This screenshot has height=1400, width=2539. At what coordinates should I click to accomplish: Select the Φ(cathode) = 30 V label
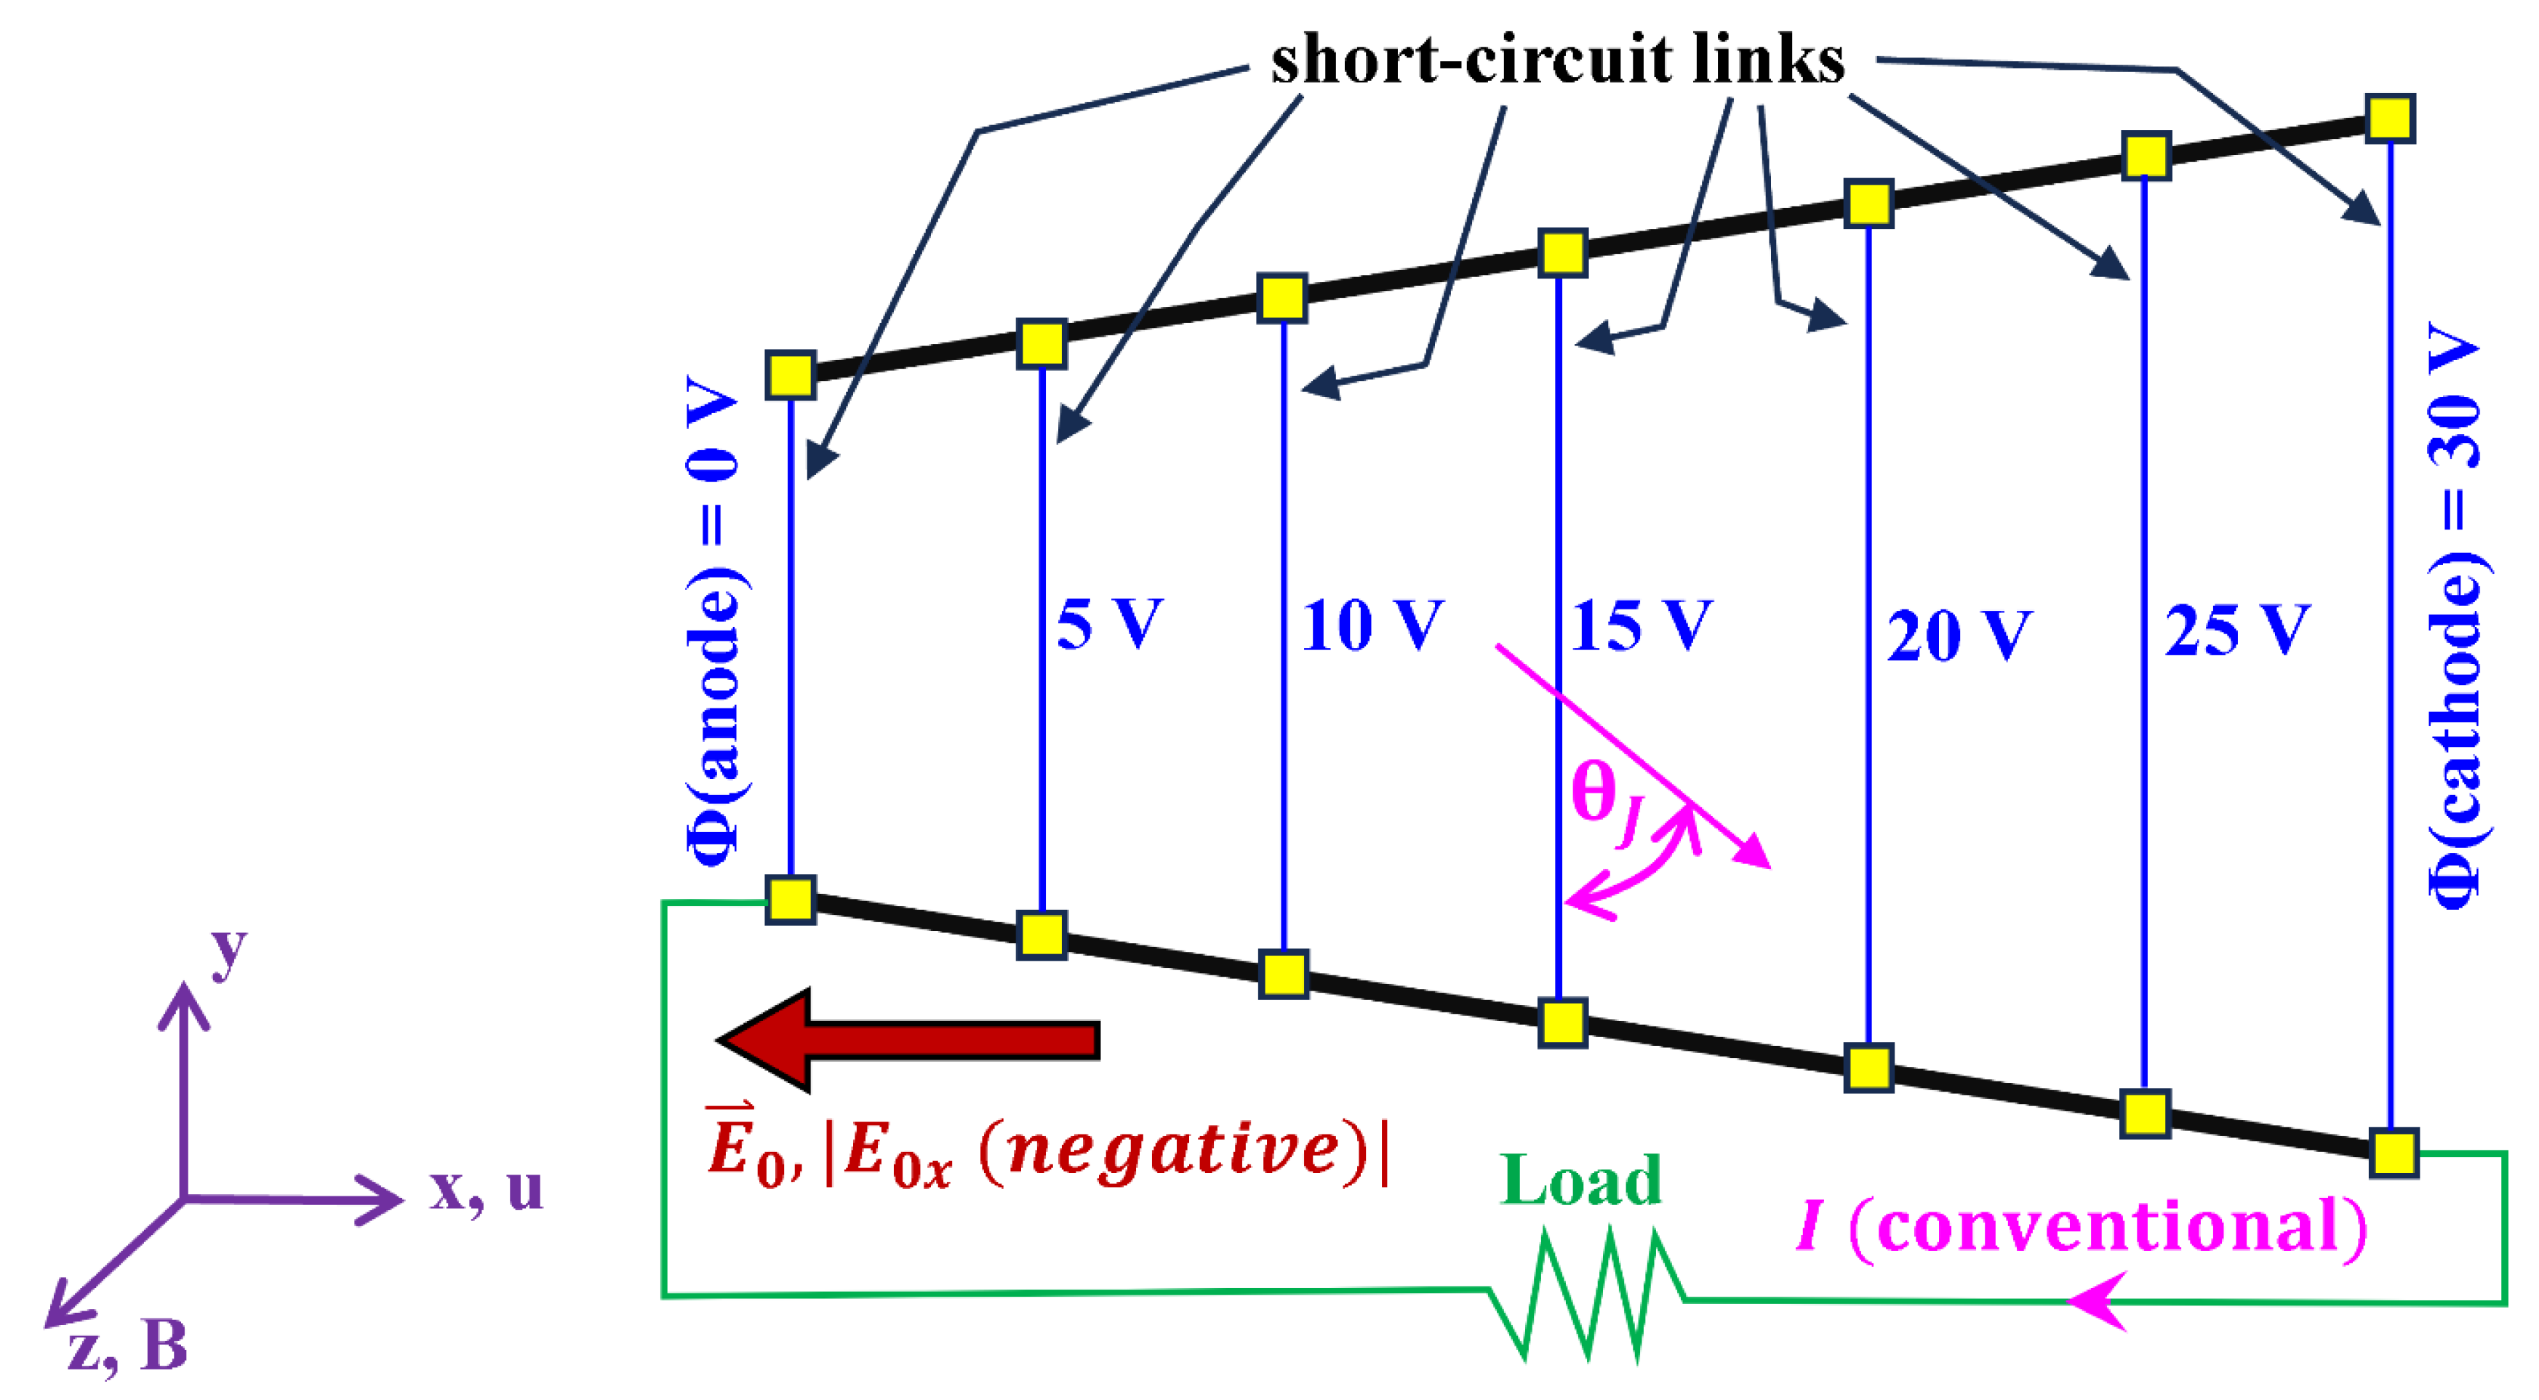[x=2454, y=616]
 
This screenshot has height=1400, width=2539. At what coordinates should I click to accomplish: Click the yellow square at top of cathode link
[x=2390, y=119]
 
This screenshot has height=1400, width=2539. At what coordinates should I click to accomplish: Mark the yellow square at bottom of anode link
[x=791, y=899]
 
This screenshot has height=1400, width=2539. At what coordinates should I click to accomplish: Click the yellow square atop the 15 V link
[x=1562, y=252]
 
